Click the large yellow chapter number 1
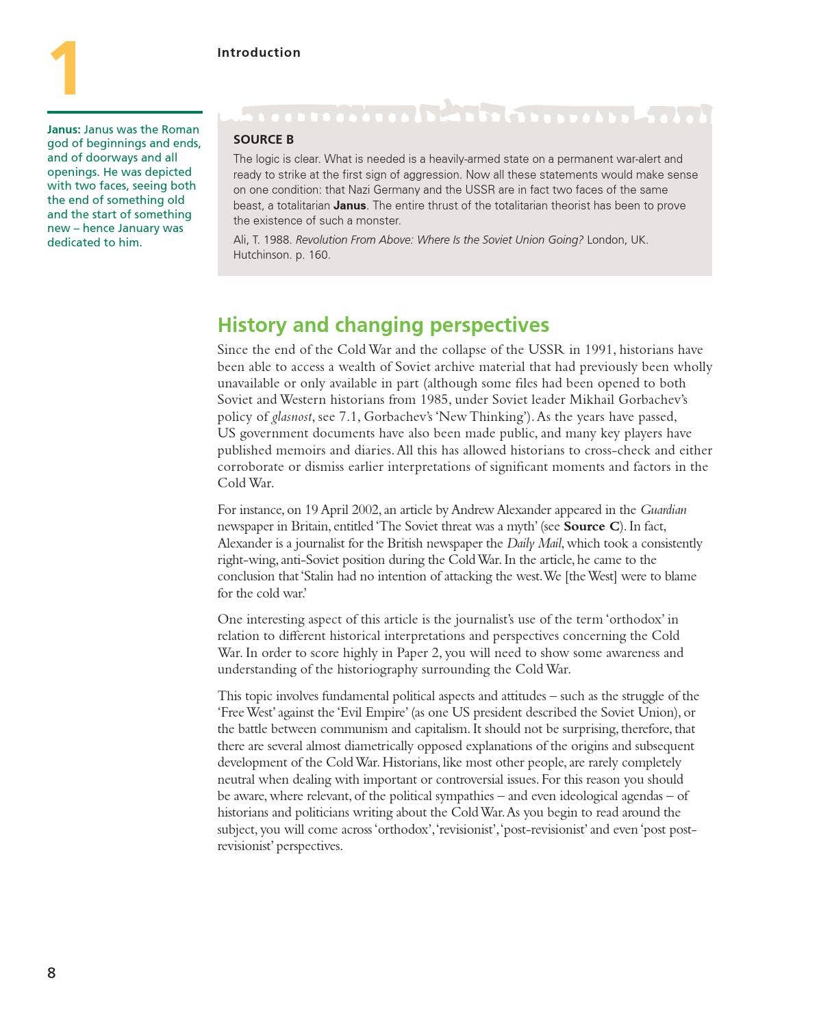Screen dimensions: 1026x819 pos(64,68)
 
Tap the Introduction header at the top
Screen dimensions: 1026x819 pos(258,53)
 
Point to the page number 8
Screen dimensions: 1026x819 pos(51,973)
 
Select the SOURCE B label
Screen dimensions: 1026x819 pos(263,140)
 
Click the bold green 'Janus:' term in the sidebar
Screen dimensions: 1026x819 pos(64,129)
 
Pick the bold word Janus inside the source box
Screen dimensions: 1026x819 pos(349,205)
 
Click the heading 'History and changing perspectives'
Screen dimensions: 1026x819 pos(383,324)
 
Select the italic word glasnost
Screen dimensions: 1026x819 pos(292,417)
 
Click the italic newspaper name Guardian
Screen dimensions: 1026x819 pos(663,510)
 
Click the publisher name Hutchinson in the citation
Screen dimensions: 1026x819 pos(262,255)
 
